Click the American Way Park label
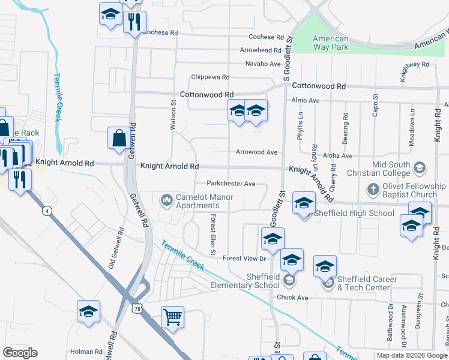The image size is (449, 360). [x=330, y=43]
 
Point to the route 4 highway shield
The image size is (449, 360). [x=46, y=211]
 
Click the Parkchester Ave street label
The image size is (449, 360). [x=231, y=184]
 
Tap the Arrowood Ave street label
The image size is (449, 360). [x=256, y=152]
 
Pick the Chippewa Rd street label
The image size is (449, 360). [x=210, y=77]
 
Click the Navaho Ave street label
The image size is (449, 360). [x=263, y=64]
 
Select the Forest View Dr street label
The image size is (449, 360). [x=244, y=259]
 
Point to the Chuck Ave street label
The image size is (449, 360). [x=292, y=298]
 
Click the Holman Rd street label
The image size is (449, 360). [x=86, y=352]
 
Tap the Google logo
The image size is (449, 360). [x=20, y=353]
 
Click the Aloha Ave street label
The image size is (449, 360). [x=337, y=155]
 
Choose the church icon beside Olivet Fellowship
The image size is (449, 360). [x=373, y=190]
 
